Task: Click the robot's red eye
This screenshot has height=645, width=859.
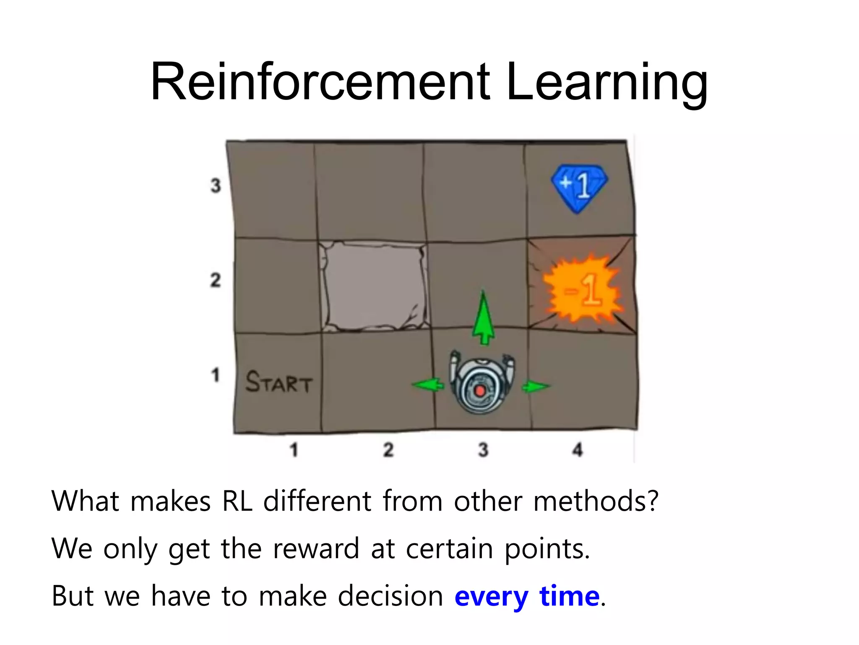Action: click(480, 391)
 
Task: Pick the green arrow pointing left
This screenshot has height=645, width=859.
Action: click(427, 385)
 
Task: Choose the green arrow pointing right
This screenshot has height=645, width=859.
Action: click(536, 386)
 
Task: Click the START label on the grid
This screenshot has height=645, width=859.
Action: click(279, 382)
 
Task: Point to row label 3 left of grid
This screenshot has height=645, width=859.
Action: click(216, 186)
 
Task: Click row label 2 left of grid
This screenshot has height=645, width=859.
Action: click(216, 280)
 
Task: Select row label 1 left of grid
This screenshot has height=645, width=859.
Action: click(216, 375)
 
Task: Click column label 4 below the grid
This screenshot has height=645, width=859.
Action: click(578, 450)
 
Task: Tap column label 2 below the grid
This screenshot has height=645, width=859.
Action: click(388, 450)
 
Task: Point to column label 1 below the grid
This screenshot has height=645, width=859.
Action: click(294, 450)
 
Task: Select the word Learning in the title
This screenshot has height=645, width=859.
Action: click(607, 82)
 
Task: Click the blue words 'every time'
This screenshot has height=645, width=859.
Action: click(527, 596)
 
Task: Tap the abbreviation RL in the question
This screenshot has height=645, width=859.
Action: click(237, 501)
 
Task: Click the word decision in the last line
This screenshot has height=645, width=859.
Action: click(390, 596)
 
